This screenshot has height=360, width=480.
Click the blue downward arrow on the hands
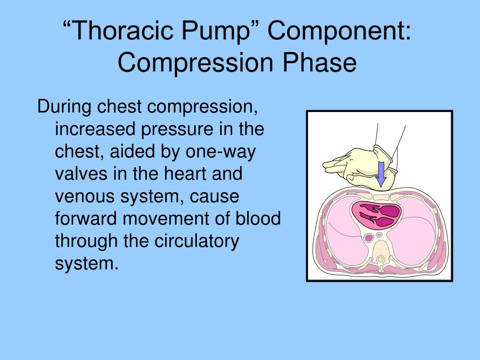tap(382, 173)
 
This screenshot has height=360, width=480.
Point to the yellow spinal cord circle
tap(381, 259)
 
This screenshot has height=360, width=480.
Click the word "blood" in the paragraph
tap(257, 219)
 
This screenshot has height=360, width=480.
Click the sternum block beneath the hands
tap(380, 191)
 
